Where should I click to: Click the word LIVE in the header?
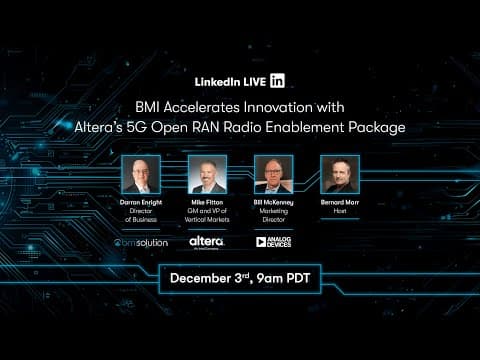pyautogui.click(x=251, y=81)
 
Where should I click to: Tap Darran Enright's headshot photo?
pyautogui.click(x=141, y=174)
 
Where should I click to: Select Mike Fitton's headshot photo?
pyautogui.click(x=207, y=174)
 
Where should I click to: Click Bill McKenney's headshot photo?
pyautogui.click(x=273, y=174)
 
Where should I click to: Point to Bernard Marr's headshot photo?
pyautogui.click(x=339, y=174)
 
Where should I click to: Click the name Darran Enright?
pyautogui.click(x=141, y=200)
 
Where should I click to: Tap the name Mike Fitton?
pyautogui.click(x=207, y=200)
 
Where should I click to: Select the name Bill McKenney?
pyautogui.click(x=273, y=200)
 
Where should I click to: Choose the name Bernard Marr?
pyautogui.click(x=339, y=200)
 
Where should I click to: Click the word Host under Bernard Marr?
pyautogui.click(x=339, y=209)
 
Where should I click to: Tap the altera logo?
pyautogui.click(x=207, y=241)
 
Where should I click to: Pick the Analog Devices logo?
pyautogui.click(x=273, y=241)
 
